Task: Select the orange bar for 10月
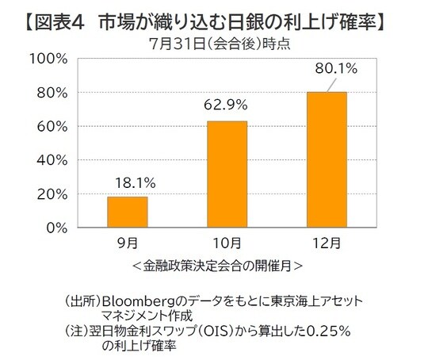227,174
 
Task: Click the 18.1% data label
128,183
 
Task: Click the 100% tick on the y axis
49,59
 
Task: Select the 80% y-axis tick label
52,93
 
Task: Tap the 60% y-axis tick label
52,127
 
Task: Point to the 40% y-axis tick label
52,160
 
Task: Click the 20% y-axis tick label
52,194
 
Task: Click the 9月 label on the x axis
128,243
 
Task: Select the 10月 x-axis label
227,243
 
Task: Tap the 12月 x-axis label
327,243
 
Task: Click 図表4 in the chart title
57,20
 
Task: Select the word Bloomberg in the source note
140,302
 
